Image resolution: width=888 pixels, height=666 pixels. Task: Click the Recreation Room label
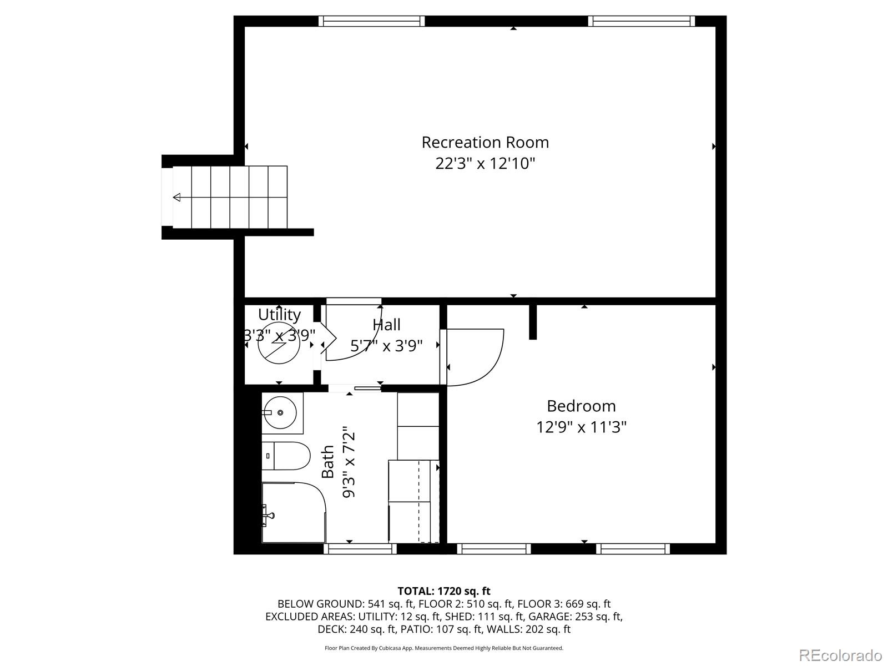485,143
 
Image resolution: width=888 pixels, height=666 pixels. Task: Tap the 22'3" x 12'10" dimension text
485,164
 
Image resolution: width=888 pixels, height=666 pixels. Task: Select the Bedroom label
581,406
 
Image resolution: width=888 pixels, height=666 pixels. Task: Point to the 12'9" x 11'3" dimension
581,427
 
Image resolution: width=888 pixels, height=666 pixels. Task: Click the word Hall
387,325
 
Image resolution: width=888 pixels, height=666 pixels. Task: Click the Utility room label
279,315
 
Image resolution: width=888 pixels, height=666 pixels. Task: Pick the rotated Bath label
328,462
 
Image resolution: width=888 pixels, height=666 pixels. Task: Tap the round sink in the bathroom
280,412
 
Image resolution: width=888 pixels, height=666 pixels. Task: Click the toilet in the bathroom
286,456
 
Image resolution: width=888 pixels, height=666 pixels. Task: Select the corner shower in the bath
293,512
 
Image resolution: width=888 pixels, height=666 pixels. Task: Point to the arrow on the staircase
177,197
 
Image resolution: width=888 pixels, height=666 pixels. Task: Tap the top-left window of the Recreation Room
372,21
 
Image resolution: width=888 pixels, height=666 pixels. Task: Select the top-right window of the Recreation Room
642,21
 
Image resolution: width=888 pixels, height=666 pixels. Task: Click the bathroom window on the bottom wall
360,549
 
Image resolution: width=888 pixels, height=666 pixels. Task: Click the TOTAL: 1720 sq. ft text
443,591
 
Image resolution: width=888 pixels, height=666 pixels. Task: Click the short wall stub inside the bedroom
533,322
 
